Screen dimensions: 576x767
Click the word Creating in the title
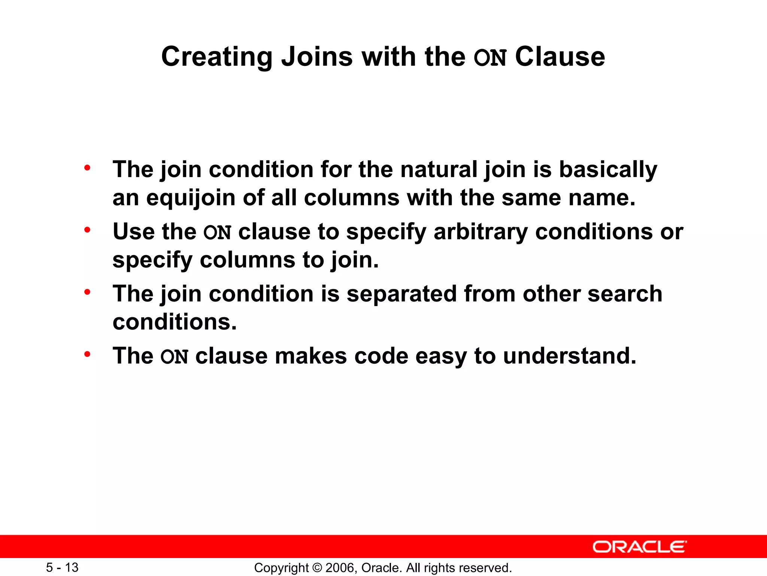click(216, 57)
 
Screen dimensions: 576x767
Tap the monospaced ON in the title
click(490, 58)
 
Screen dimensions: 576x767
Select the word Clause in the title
click(560, 57)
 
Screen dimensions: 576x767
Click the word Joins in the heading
click(317, 57)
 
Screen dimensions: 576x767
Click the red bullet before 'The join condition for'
click(87, 168)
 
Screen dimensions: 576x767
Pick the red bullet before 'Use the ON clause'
click(87, 229)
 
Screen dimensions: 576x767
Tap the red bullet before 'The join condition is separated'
click(87, 292)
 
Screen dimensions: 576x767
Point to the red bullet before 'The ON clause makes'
click(87, 354)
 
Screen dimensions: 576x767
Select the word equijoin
click(191, 198)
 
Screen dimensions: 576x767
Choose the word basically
click(608, 169)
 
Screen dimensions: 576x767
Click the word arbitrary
click(480, 232)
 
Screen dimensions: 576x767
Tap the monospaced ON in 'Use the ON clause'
click(217, 232)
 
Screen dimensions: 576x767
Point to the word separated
click(401, 294)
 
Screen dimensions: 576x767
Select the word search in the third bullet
click(625, 294)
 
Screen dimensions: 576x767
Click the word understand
click(569, 356)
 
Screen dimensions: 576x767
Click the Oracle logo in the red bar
click(639, 547)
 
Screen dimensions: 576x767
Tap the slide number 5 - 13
click(62, 568)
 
